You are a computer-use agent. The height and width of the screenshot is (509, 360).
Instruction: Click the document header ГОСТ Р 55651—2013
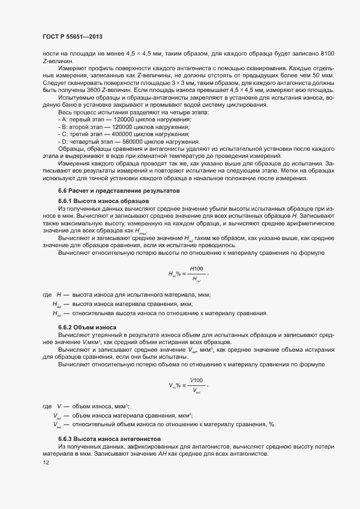pyautogui.click(x=72, y=37)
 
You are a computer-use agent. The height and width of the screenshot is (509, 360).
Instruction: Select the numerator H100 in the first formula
pyautogui.click(x=197, y=269)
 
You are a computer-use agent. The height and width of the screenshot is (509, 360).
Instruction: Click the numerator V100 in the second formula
pyautogui.click(x=197, y=380)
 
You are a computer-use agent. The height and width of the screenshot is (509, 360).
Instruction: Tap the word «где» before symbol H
pyautogui.click(x=47, y=295)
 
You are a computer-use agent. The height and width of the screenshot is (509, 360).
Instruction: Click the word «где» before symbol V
pyautogui.click(x=47, y=406)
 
